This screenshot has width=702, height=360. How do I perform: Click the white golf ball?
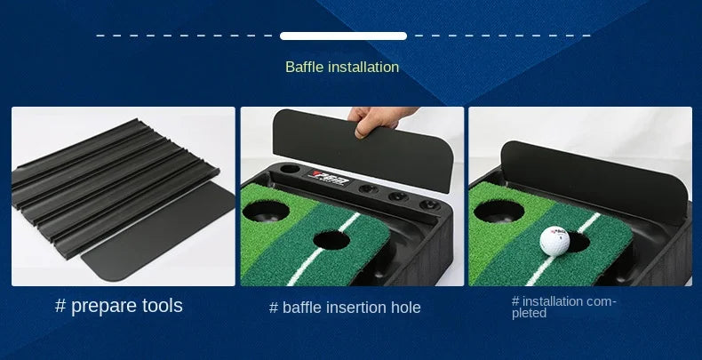tap(554, 240)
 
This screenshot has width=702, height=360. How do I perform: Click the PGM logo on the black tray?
tap(325, 175)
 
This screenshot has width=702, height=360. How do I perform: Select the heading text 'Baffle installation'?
tap(342, 67)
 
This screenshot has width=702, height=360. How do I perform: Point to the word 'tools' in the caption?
tap(162, 306)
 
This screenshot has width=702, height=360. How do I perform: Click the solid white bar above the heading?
tap(343, 36)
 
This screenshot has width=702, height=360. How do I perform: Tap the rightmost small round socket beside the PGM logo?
tap(426, 200)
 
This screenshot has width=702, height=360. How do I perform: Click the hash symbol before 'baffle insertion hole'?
tap(274, 308)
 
